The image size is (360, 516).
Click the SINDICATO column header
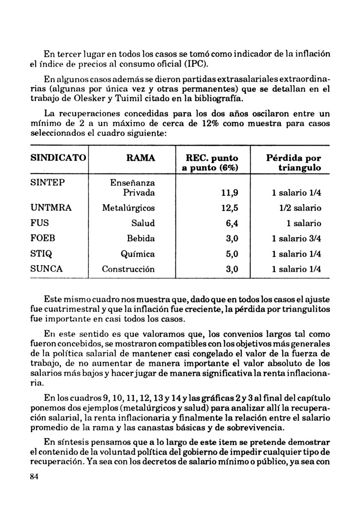(x=58, y=158)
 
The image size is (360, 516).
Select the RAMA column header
(x=141, y=158)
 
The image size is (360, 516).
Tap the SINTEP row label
(x=48, y=182)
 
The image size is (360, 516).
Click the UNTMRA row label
(x=51, y=208)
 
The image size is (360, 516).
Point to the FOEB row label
(x=42, y=238)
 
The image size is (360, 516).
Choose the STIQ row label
(x=41, y=254)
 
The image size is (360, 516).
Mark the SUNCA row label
(x=47, y=269)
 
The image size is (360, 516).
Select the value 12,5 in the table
(x=230, y=208)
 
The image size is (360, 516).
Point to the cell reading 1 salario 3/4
(x=296, y=238)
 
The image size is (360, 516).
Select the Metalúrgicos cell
(x=128, y=208)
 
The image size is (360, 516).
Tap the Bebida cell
(x=141, y=238)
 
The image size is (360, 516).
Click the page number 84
(x=34, y=477)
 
